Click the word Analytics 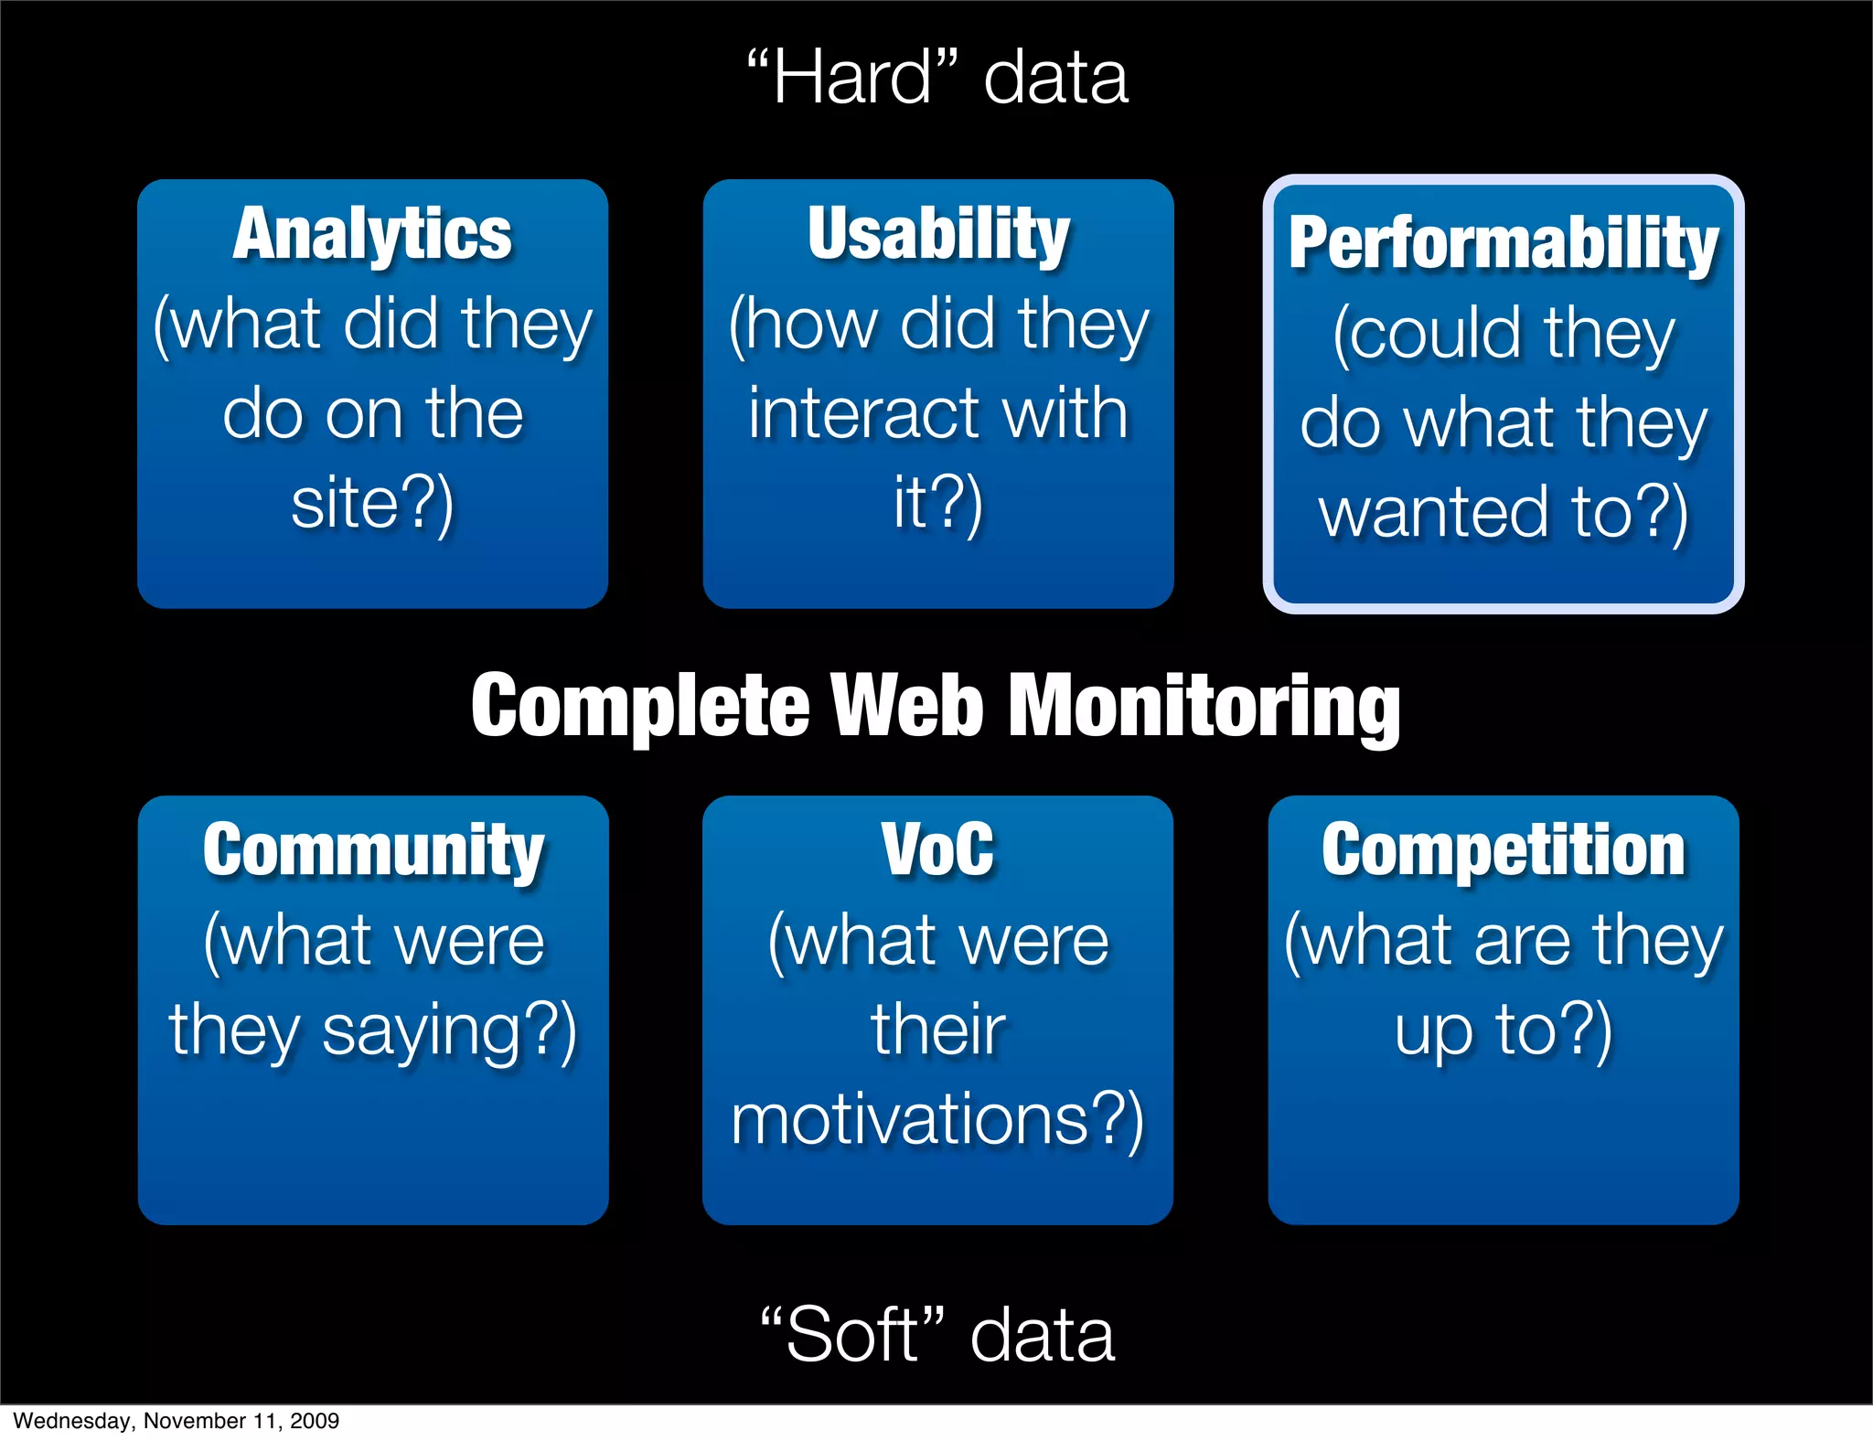tap(372, 235)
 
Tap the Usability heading tap(938, 235)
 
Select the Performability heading tap(1504, 243)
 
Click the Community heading tap(373, 850)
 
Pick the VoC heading tap(938, 850)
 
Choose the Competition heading tap(1504, 850)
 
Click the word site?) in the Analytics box tap(372, 503)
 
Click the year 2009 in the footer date tap(315, 1421)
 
